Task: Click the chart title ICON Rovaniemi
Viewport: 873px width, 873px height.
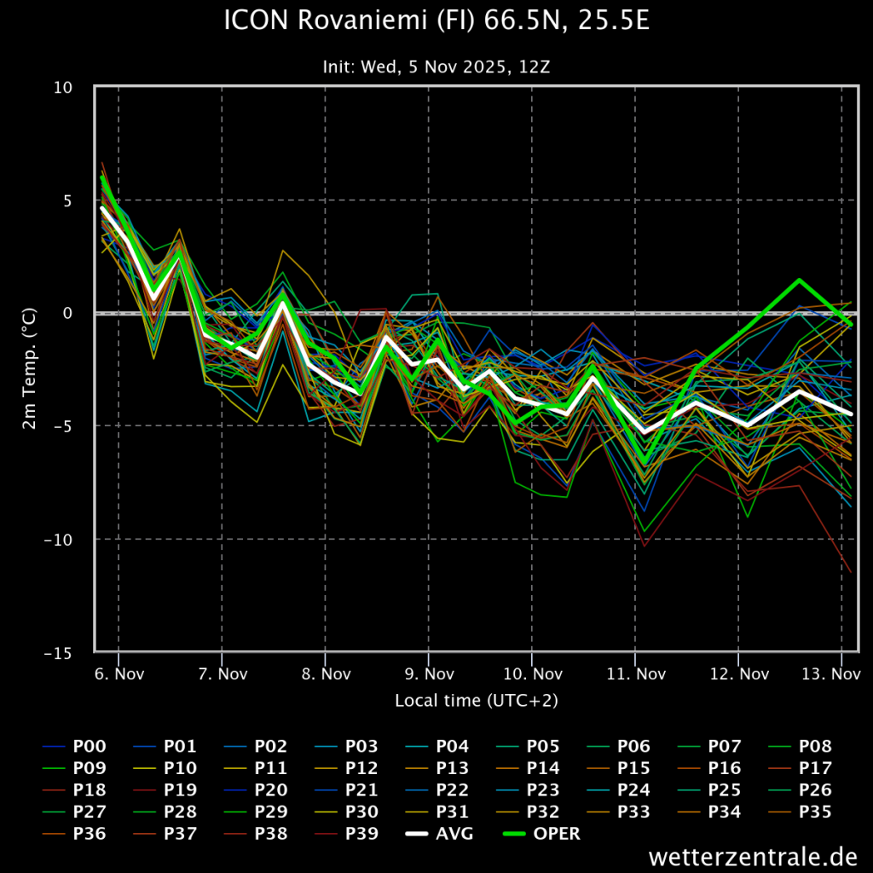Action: (436, 21)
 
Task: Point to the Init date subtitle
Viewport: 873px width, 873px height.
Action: (436, 67)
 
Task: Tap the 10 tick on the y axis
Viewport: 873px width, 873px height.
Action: (63, 88)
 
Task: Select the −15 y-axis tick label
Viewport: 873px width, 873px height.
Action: (58, 653)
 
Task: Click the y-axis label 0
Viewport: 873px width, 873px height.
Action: (67, 314)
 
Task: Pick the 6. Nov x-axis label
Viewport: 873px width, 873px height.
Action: (119, 674)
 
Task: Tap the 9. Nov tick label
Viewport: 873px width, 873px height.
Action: (430, 674)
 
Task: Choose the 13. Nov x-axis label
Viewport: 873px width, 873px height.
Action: (831, 674)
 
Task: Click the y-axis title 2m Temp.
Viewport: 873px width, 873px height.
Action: (29, 368)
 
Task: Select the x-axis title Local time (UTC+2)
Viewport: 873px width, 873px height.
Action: (477, 701)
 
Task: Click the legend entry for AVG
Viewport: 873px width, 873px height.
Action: (440, 834)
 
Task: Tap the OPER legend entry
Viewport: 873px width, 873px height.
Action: (541, 834)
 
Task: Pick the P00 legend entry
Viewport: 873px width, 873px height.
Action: (75, 746)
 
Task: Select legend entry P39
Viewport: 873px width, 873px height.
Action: (347, 834)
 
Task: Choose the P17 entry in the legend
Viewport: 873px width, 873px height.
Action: (801, 768)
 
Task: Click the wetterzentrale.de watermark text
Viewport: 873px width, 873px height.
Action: (753, 856)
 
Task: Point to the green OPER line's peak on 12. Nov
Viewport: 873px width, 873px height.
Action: (800, 280)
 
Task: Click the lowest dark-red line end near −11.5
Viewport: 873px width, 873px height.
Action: (851, 572)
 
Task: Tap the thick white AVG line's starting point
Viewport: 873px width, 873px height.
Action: (102, 208)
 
